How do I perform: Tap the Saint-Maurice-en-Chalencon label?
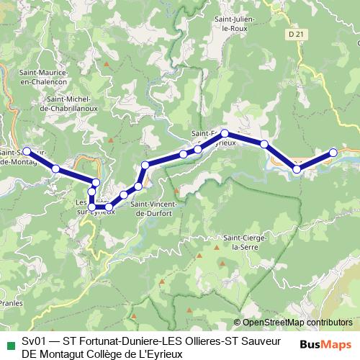[x=44, y=77]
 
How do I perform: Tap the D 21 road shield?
[x=291, y=34]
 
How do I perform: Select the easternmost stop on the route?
[x=333, y=152]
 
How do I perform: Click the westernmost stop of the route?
[x=27, y=151]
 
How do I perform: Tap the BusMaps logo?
[x=326, y=344]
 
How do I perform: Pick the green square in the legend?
[x=10, y=341]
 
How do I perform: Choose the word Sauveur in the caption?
[x=263, y=341]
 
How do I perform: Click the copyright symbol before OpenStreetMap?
[x=237, y=323]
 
